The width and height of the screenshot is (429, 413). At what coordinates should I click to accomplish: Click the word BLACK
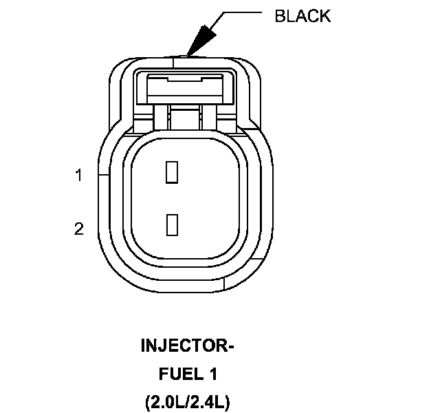tap(302, 16)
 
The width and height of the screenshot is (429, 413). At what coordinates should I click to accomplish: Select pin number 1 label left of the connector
tap(79, 176)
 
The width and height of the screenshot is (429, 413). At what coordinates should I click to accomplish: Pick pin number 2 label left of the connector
tap(79, 229)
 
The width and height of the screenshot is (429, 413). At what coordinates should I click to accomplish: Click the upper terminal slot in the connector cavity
tap(172, 171)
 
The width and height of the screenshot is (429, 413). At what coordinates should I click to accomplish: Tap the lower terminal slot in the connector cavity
tap(172, 224)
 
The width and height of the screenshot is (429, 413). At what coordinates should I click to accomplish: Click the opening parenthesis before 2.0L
tap(148, 401)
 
